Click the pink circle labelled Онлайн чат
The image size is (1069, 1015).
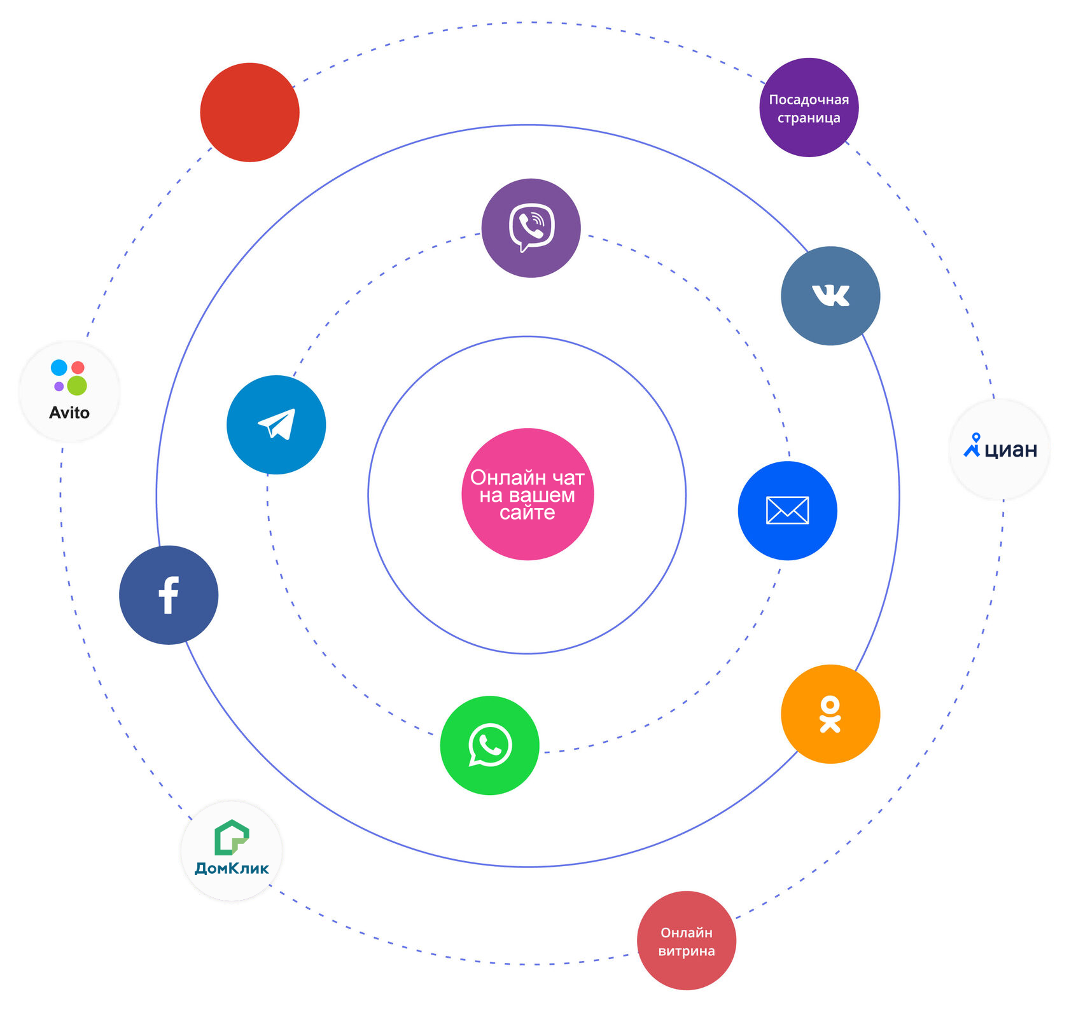pyautogui.click(x=527, y=494)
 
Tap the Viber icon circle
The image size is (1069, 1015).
pyautogui.click(x=531, y=228)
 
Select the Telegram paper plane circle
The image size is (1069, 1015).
pyautogui.click(x=276, y=424)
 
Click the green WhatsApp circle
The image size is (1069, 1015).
pyautogui.click(x=489, y=745)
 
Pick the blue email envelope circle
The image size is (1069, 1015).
pyautogui.click(x=787, y=510)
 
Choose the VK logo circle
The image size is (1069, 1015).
pyautogui.click(x=830, y=296)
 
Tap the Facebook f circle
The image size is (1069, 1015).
pyautogui.click(x=169, y=595)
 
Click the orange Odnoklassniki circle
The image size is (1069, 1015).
pyautogui.click(x=830, y=714)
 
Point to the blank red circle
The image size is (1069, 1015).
pyautogui.click(x=249, y=112)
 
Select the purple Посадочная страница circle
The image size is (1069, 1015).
pyautogui.click(x=809, y=107)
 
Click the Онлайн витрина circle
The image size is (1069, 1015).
pyautogui.click(x=686, y=940)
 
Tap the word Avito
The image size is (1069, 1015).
pyautogui.click(x=69, y=413)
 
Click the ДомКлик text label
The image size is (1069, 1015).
pyautogui.click(x=232, y=868)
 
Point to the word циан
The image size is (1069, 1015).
pyautogui.click(x=1010, y=450)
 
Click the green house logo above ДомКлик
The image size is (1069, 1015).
pyautogui.click(x=231, y=837)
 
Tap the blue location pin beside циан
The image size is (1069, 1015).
pyautogui.click(x=972, y=445)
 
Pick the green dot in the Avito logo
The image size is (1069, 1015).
pyautogui.click(x=77, y=385)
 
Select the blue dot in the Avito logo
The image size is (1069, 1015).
pyautogui.click(x=59, y=367)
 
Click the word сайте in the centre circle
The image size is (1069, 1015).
pyautogui.click(x=527, y=513)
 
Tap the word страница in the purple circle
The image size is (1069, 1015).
pyautogui.click(x=809, y=118)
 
